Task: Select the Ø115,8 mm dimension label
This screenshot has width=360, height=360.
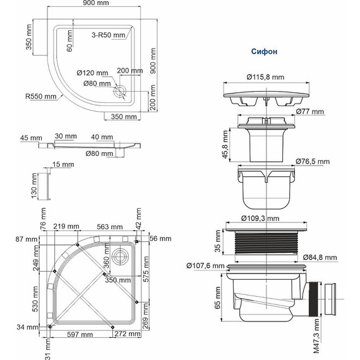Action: pyautogui.click(x=265, y=78)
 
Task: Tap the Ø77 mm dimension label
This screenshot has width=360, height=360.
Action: pyautogui.click(x=310, y=112)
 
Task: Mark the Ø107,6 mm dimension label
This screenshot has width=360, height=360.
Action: pyautogui.click(x=206, y=265)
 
